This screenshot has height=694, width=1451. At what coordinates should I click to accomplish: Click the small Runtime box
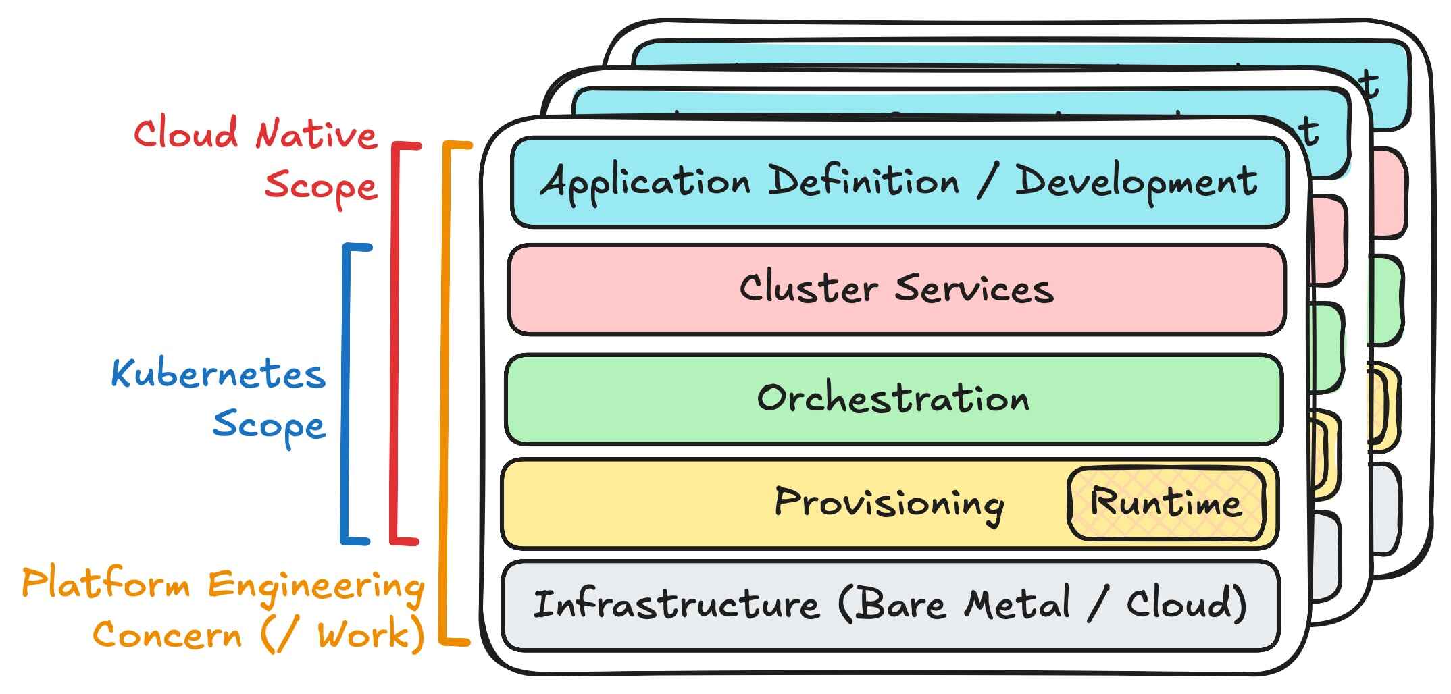[x=1166, y=504]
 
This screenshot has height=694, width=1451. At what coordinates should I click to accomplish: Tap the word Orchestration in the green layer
[x=893, y=398]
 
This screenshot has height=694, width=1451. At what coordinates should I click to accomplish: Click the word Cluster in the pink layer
[x=808, y=288]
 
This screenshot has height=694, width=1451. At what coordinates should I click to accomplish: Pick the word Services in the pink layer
[x=974, y=289]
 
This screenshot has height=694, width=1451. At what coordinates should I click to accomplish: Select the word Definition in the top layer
[x=864, y=181]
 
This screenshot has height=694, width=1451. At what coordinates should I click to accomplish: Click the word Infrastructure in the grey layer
[x=676, y=604]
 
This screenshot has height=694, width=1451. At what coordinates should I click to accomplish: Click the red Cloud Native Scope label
[x=255, y=161]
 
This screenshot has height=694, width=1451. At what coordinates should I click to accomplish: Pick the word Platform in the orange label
[x=106, y=584]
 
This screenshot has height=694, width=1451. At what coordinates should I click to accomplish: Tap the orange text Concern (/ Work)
[x=259, y=635]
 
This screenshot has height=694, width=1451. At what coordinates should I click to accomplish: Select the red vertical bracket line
[x=394, y=344]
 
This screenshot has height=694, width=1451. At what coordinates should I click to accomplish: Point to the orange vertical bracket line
[x=444, y=392]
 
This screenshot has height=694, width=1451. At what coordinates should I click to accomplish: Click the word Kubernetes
[x=218, y=374]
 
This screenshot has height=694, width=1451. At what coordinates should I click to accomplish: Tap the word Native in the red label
[x=316, y=134]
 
